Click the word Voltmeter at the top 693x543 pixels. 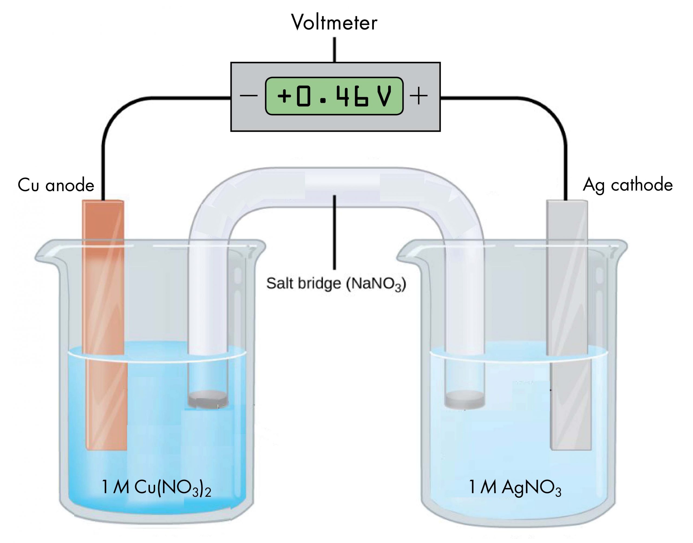pos(334,23)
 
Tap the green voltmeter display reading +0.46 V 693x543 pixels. pos(334,96)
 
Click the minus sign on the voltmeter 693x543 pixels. pos(249,96)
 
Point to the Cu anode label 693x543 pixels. pos(56,185)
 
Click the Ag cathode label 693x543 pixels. pos(627,185)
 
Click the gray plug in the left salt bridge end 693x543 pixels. pos(208,399)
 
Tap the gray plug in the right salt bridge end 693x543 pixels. pos(465,400)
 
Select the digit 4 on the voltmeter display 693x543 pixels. pos(342,96)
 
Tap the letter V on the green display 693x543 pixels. pos(384,96)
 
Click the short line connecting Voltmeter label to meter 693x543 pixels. pos(334,50)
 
